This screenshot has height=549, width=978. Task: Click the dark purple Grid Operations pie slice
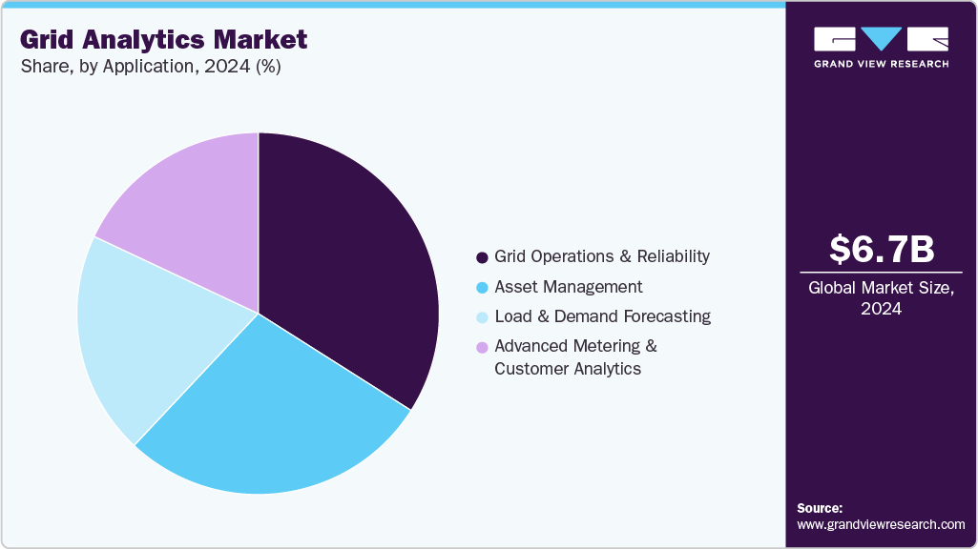point(353,257)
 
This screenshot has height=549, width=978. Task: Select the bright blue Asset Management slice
point(277,419)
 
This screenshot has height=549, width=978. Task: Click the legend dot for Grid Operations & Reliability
point(482,257)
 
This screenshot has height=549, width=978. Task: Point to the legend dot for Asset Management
point(482,288)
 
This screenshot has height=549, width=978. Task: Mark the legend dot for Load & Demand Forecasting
point(482,317)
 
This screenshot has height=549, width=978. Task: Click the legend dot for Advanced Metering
point(482,347)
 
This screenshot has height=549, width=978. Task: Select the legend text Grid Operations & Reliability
point(602,256)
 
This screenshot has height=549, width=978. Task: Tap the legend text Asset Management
point(569,287)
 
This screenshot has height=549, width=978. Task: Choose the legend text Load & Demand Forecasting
point(602,316)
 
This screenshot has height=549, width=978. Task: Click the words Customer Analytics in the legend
point(568,369)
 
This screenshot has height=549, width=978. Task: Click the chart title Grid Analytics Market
point(163,40)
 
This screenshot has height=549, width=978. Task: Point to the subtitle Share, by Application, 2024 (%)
point(150,67)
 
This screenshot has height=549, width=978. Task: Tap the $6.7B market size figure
point(881,249)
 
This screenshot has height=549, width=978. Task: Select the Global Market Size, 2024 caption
point(881,297)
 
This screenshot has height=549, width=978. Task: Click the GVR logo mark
point(881,39)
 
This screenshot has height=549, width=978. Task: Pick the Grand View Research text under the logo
point(881,64)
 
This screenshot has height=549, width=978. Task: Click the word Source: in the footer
point(820,508)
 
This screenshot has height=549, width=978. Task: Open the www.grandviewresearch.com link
point(881,524)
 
